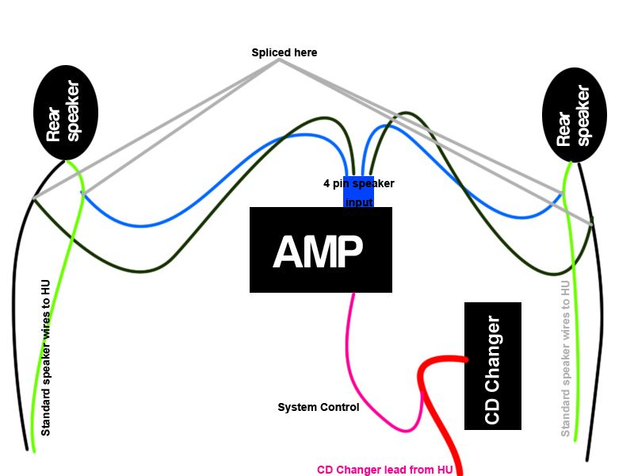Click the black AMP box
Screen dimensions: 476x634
[320, 270]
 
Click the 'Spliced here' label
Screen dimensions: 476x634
[284, 52]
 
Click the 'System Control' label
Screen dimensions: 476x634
[318, 407]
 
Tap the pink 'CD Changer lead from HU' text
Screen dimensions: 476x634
[384, 470]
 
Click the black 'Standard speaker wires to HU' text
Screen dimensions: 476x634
[45, 357]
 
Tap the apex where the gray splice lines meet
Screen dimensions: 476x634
[279, 60]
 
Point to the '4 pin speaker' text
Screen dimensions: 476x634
[358, 183]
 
